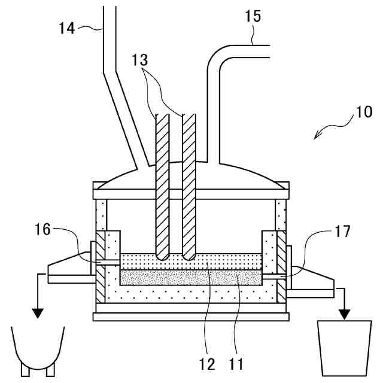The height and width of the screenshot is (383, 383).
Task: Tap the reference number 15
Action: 253,17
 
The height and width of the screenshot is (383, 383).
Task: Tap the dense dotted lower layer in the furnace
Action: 191,276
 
